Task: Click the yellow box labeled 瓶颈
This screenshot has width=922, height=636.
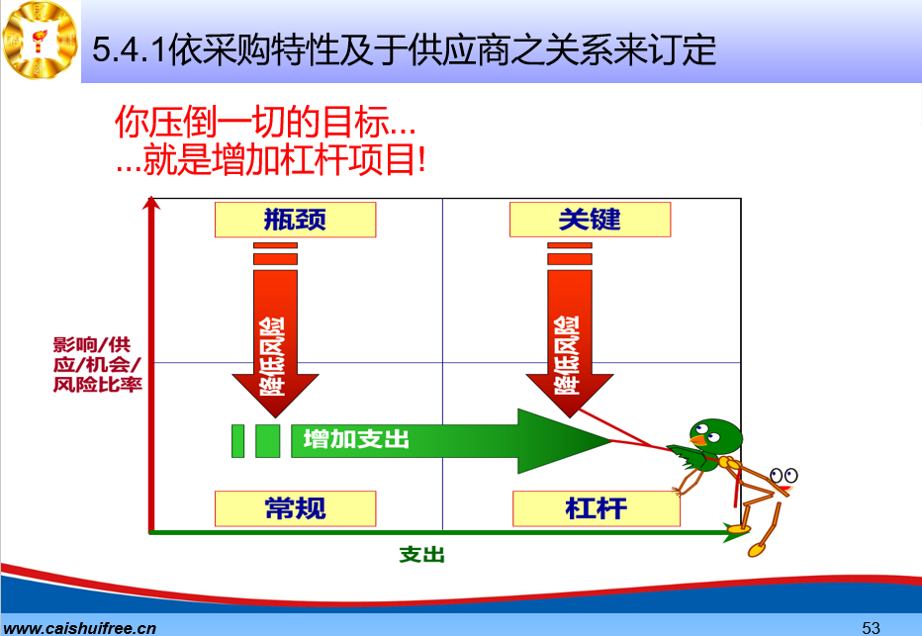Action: (x=295, y=220)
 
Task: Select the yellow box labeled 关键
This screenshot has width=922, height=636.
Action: (x=590, y=220)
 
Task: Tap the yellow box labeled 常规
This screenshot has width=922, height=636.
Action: (x=295, y=508)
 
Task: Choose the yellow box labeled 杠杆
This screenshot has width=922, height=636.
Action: (x=597, y=508)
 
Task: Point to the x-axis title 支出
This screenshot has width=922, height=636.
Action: (x=421, y=554)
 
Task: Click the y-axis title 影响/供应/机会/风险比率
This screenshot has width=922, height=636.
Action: (x=97, y=364)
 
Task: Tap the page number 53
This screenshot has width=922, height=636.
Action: (x=871, y=627)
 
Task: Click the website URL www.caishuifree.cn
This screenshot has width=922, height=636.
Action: (x=80, y=628)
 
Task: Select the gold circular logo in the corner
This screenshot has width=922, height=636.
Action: (x=40, y=40)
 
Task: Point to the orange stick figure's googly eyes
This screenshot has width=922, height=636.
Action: (x=784, y=475)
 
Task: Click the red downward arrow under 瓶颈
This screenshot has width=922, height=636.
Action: (x=275, y=329)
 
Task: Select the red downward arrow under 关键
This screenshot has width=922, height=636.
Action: (x=569, y=329)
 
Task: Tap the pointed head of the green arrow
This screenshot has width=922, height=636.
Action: (x=565, y=441)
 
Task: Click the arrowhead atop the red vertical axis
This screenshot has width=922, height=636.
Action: (x=151, y=203)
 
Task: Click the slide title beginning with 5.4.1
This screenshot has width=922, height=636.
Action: (x=405, y=49)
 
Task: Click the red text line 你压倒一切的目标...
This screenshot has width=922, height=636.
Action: (x=265, y=122)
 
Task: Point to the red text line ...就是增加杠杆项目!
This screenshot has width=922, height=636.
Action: (x=271, y=158)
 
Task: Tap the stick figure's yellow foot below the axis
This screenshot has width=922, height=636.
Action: (x=757, y=550)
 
